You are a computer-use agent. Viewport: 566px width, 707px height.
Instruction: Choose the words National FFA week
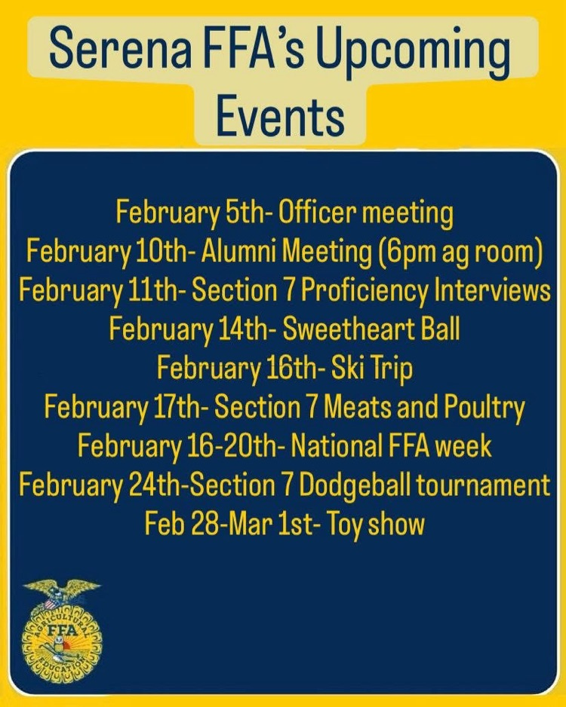390,446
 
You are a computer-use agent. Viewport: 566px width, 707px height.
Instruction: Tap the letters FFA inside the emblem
62,628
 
